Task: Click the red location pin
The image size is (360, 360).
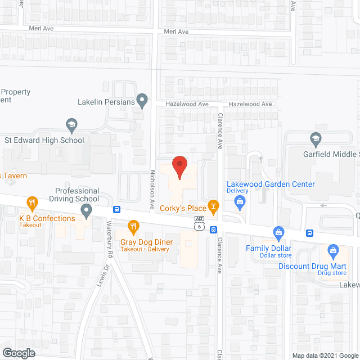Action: tap(179, 167)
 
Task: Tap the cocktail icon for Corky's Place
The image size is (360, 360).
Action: tap(213, 205)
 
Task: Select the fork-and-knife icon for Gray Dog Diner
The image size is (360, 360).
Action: tap(133, 227)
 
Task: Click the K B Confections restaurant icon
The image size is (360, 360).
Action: tap(33, 202)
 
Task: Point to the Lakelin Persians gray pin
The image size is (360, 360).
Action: tap(142, 101)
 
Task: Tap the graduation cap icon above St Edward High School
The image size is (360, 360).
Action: tap(71, 124)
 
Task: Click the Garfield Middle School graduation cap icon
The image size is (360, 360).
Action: tap(316, 138)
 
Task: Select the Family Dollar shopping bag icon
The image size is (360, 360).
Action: tap(278, 232)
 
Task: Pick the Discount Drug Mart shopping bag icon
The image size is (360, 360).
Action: tap(332, 250)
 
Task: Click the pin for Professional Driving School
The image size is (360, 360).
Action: tap(86, 211)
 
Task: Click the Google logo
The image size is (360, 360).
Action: tap(18, 353)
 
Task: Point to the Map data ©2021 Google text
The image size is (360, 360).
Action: tap(325, 355)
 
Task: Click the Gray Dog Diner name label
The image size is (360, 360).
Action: tap(147, 242)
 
